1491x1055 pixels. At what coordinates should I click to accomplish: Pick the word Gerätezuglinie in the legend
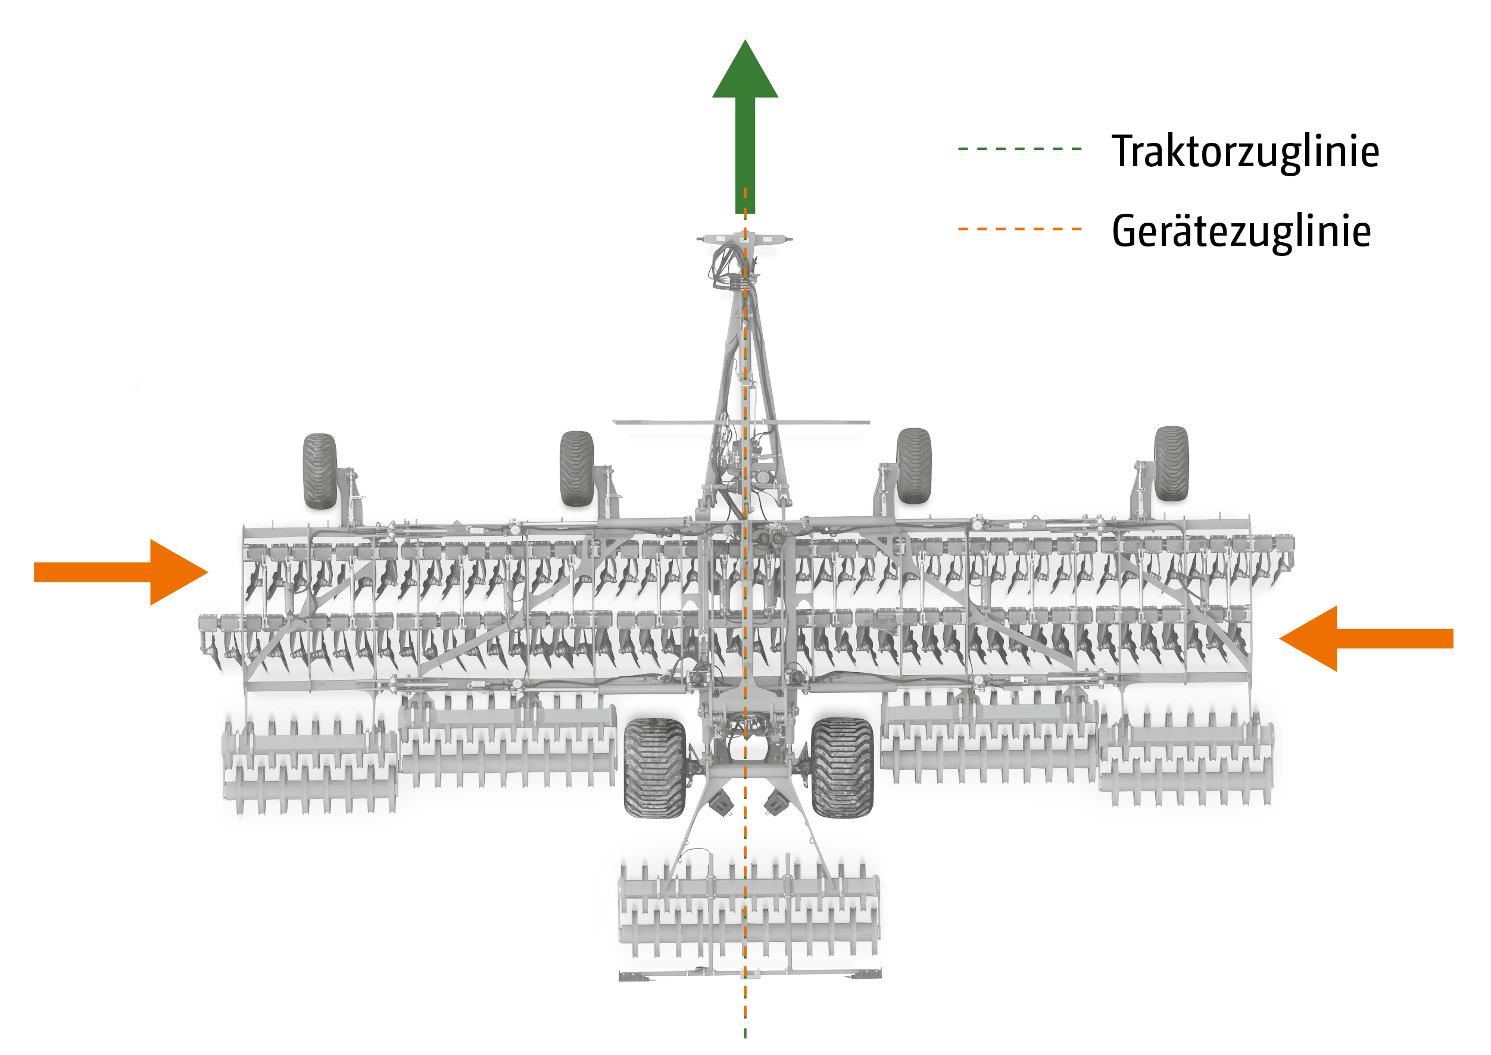[x=1241, y=230]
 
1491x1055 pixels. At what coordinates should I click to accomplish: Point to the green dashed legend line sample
[x=1019, y=149]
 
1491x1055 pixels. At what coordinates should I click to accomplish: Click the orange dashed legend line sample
[x=1019, y=229]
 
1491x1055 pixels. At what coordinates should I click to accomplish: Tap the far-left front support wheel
[x=320, y=471]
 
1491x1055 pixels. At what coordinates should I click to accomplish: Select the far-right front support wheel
[x=1171, y=463]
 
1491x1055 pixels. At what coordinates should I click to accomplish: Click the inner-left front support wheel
[x=576, y=469]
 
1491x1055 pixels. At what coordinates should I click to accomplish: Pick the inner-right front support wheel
[x=913, y=466]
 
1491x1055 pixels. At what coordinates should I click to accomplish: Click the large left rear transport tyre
[x=654, y=767]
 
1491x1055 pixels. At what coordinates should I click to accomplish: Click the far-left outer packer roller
[x=310, y=767]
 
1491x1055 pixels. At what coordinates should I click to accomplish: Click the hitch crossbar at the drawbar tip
[x=744, y=238]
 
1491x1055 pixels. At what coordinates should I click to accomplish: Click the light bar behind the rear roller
[x=750, y=974]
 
